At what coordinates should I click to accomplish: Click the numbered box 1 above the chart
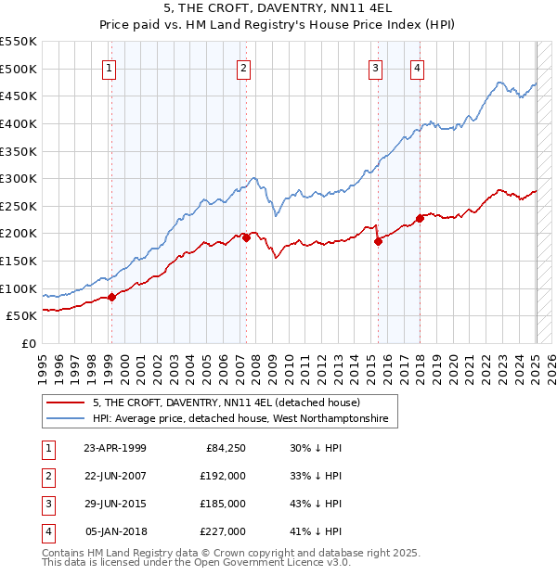pyautogui.click(x=110, y=67)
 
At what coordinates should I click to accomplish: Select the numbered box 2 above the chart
pyautogui.click(x=243, y=67)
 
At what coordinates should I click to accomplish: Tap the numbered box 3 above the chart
pyautogui.click(x=375, y=67)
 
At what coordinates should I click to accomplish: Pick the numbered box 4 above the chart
pyautogui.click(x=418, y=67)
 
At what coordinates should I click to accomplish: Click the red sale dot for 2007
pyautogui.click(x=247, y=237)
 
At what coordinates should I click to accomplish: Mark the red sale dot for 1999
pyautogui.click(x=111, y=297)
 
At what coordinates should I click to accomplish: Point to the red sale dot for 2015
pyautogui.click(x=379, y=241)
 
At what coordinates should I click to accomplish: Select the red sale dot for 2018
pyautogui.click(x=420, y=219)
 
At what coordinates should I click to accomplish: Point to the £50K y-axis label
pyautogui.click(x=22, y=316)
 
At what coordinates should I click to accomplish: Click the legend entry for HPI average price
pyautogui.click(x=245, y=419)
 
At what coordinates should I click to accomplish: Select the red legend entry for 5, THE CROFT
pyautogui.click(x=232, y=402)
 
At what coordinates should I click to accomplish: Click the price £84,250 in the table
pyautogui.click(x=223, y=447)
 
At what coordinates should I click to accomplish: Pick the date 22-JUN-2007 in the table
pyautogui.click(x=115, y=475)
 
